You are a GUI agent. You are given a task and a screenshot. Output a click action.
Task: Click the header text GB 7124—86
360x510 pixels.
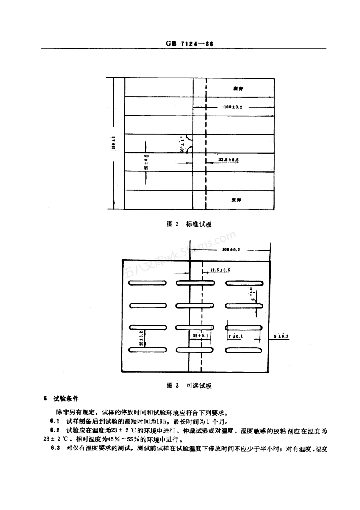(x=189, y=44)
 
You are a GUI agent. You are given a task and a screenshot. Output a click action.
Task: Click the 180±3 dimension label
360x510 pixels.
(x=113, y=143)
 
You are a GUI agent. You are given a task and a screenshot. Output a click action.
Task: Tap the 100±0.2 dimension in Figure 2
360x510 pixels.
(x=233, y=107)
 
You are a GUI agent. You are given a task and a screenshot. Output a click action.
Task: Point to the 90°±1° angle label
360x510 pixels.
(x=182, y=144)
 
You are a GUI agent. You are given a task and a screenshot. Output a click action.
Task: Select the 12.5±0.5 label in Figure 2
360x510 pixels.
(x=229, y=160)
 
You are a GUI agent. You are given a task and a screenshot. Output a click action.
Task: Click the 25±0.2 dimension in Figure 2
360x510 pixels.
(x=146, y=162)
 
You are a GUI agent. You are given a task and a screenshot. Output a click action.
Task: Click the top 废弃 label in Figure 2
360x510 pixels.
(x=238, y=88)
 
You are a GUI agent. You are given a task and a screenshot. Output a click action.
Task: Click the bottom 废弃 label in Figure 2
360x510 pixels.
(x=236, y=200)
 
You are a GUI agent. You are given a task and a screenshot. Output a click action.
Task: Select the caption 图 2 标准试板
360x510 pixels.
(x=189, y=224)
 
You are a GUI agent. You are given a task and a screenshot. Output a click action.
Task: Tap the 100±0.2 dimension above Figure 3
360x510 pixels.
(x=231, y=250)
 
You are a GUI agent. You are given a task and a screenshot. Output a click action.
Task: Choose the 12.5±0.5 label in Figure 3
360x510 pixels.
(x=220, y=270)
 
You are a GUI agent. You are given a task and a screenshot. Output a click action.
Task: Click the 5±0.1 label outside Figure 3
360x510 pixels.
(x=281, y=336)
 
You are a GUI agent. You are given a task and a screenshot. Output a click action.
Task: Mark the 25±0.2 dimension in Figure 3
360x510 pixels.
(x=141, y=338)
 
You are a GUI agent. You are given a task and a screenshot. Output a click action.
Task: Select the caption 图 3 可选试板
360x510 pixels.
(x=189, y=386)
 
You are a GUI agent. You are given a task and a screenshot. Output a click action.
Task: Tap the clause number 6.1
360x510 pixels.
(x=55, y=421)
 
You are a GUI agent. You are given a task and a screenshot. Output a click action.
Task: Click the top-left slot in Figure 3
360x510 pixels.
(x=147, y=282)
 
